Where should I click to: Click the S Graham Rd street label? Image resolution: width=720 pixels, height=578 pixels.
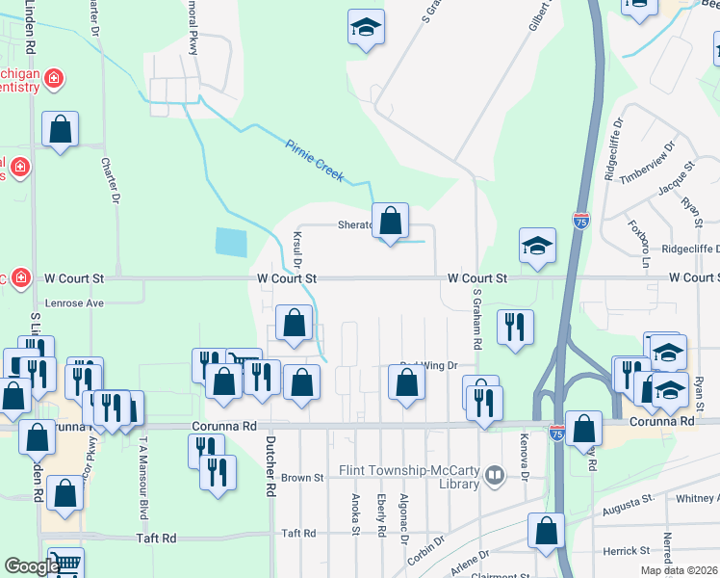pyautogui.click(x=476, y=319)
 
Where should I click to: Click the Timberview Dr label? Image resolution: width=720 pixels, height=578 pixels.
pyautogui.click(x=643, y=162)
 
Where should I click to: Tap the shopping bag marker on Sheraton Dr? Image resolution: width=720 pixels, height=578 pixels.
pyautogui.click(x=390, y=223)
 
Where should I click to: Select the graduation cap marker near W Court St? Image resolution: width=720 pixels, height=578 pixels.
pyautogui.click(x=537, y=247)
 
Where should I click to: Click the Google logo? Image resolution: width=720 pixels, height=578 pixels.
pyautogui.click(x=32, y=566)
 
